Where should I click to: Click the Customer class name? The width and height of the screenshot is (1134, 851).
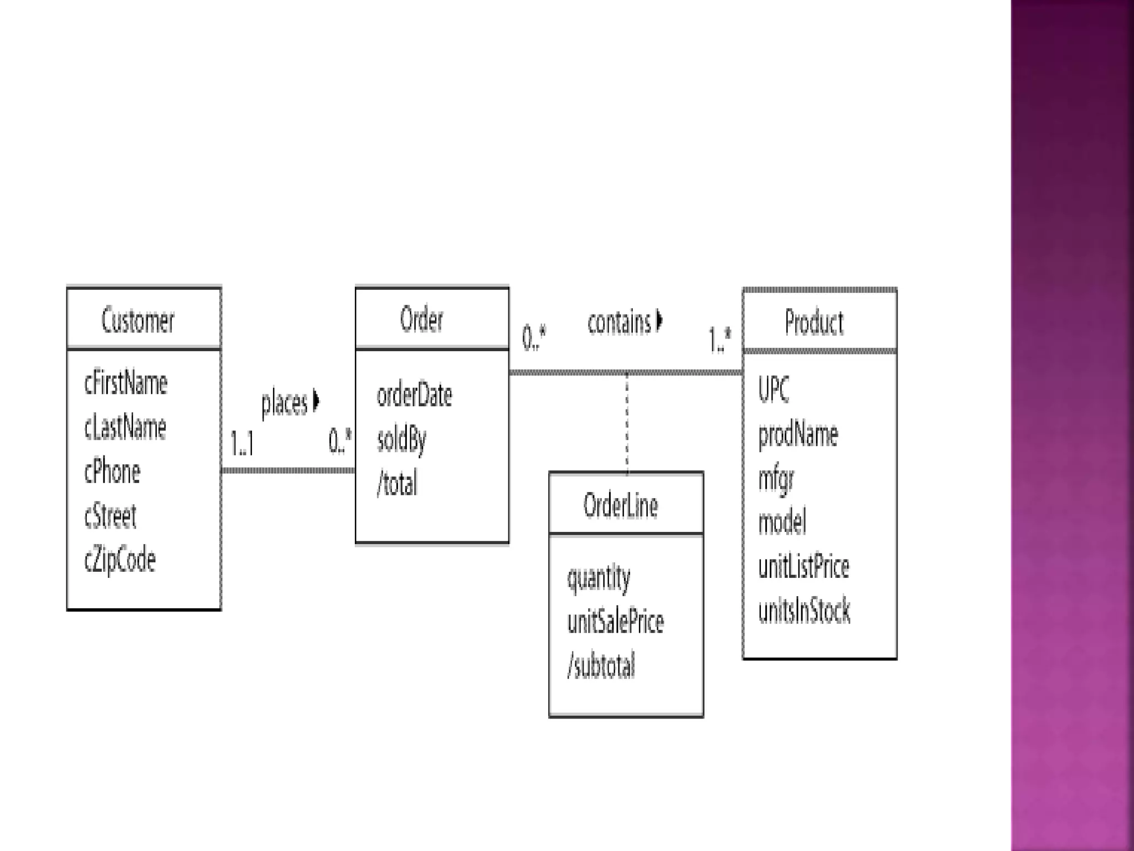(x=138, y=321)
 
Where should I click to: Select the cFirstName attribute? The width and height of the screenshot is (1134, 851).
(x=126, y=383)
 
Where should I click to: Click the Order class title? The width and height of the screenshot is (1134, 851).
(x=421, y=320)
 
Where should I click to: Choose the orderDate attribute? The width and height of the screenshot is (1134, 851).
(x=414, y=395)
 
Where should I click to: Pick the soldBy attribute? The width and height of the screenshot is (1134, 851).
(x=401, y=440)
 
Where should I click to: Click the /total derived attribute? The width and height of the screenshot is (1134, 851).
(x=397, y=484)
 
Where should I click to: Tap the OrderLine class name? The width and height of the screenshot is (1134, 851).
(x=621, y=506)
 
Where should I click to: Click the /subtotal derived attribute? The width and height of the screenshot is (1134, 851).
(x=601, y=666)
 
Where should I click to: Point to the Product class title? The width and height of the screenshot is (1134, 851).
(x=814, y=322)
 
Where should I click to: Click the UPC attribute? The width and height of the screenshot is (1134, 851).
(x=774, y=389)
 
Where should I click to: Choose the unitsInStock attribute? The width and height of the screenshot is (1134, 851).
(x=804, y=611)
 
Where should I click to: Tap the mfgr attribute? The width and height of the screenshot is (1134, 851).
(x=776, y=479)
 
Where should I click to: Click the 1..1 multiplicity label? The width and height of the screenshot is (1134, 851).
(x=242, y=443)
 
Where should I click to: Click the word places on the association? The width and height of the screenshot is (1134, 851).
(x=284, y=403)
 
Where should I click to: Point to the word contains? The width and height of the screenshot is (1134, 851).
(x=619, y=322)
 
